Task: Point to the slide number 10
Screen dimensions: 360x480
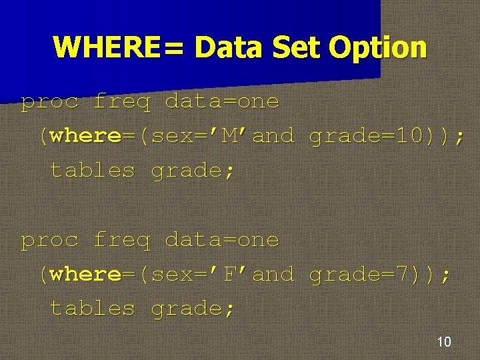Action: pos(443,342)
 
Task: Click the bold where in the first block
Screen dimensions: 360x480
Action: pos(85,136)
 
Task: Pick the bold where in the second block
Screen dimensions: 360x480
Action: pos(85,274)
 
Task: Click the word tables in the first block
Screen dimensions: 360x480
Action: pos(93,171)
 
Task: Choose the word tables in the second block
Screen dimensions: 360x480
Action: pos(93,309)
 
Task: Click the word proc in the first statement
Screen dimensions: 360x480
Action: pos(49,102)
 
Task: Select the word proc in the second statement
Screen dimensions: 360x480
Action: pos(49,240)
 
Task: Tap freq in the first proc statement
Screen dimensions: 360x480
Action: pos(122,102)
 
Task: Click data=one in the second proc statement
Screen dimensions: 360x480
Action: pos(222,240)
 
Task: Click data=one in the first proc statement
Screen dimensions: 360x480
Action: pos(222,102)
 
